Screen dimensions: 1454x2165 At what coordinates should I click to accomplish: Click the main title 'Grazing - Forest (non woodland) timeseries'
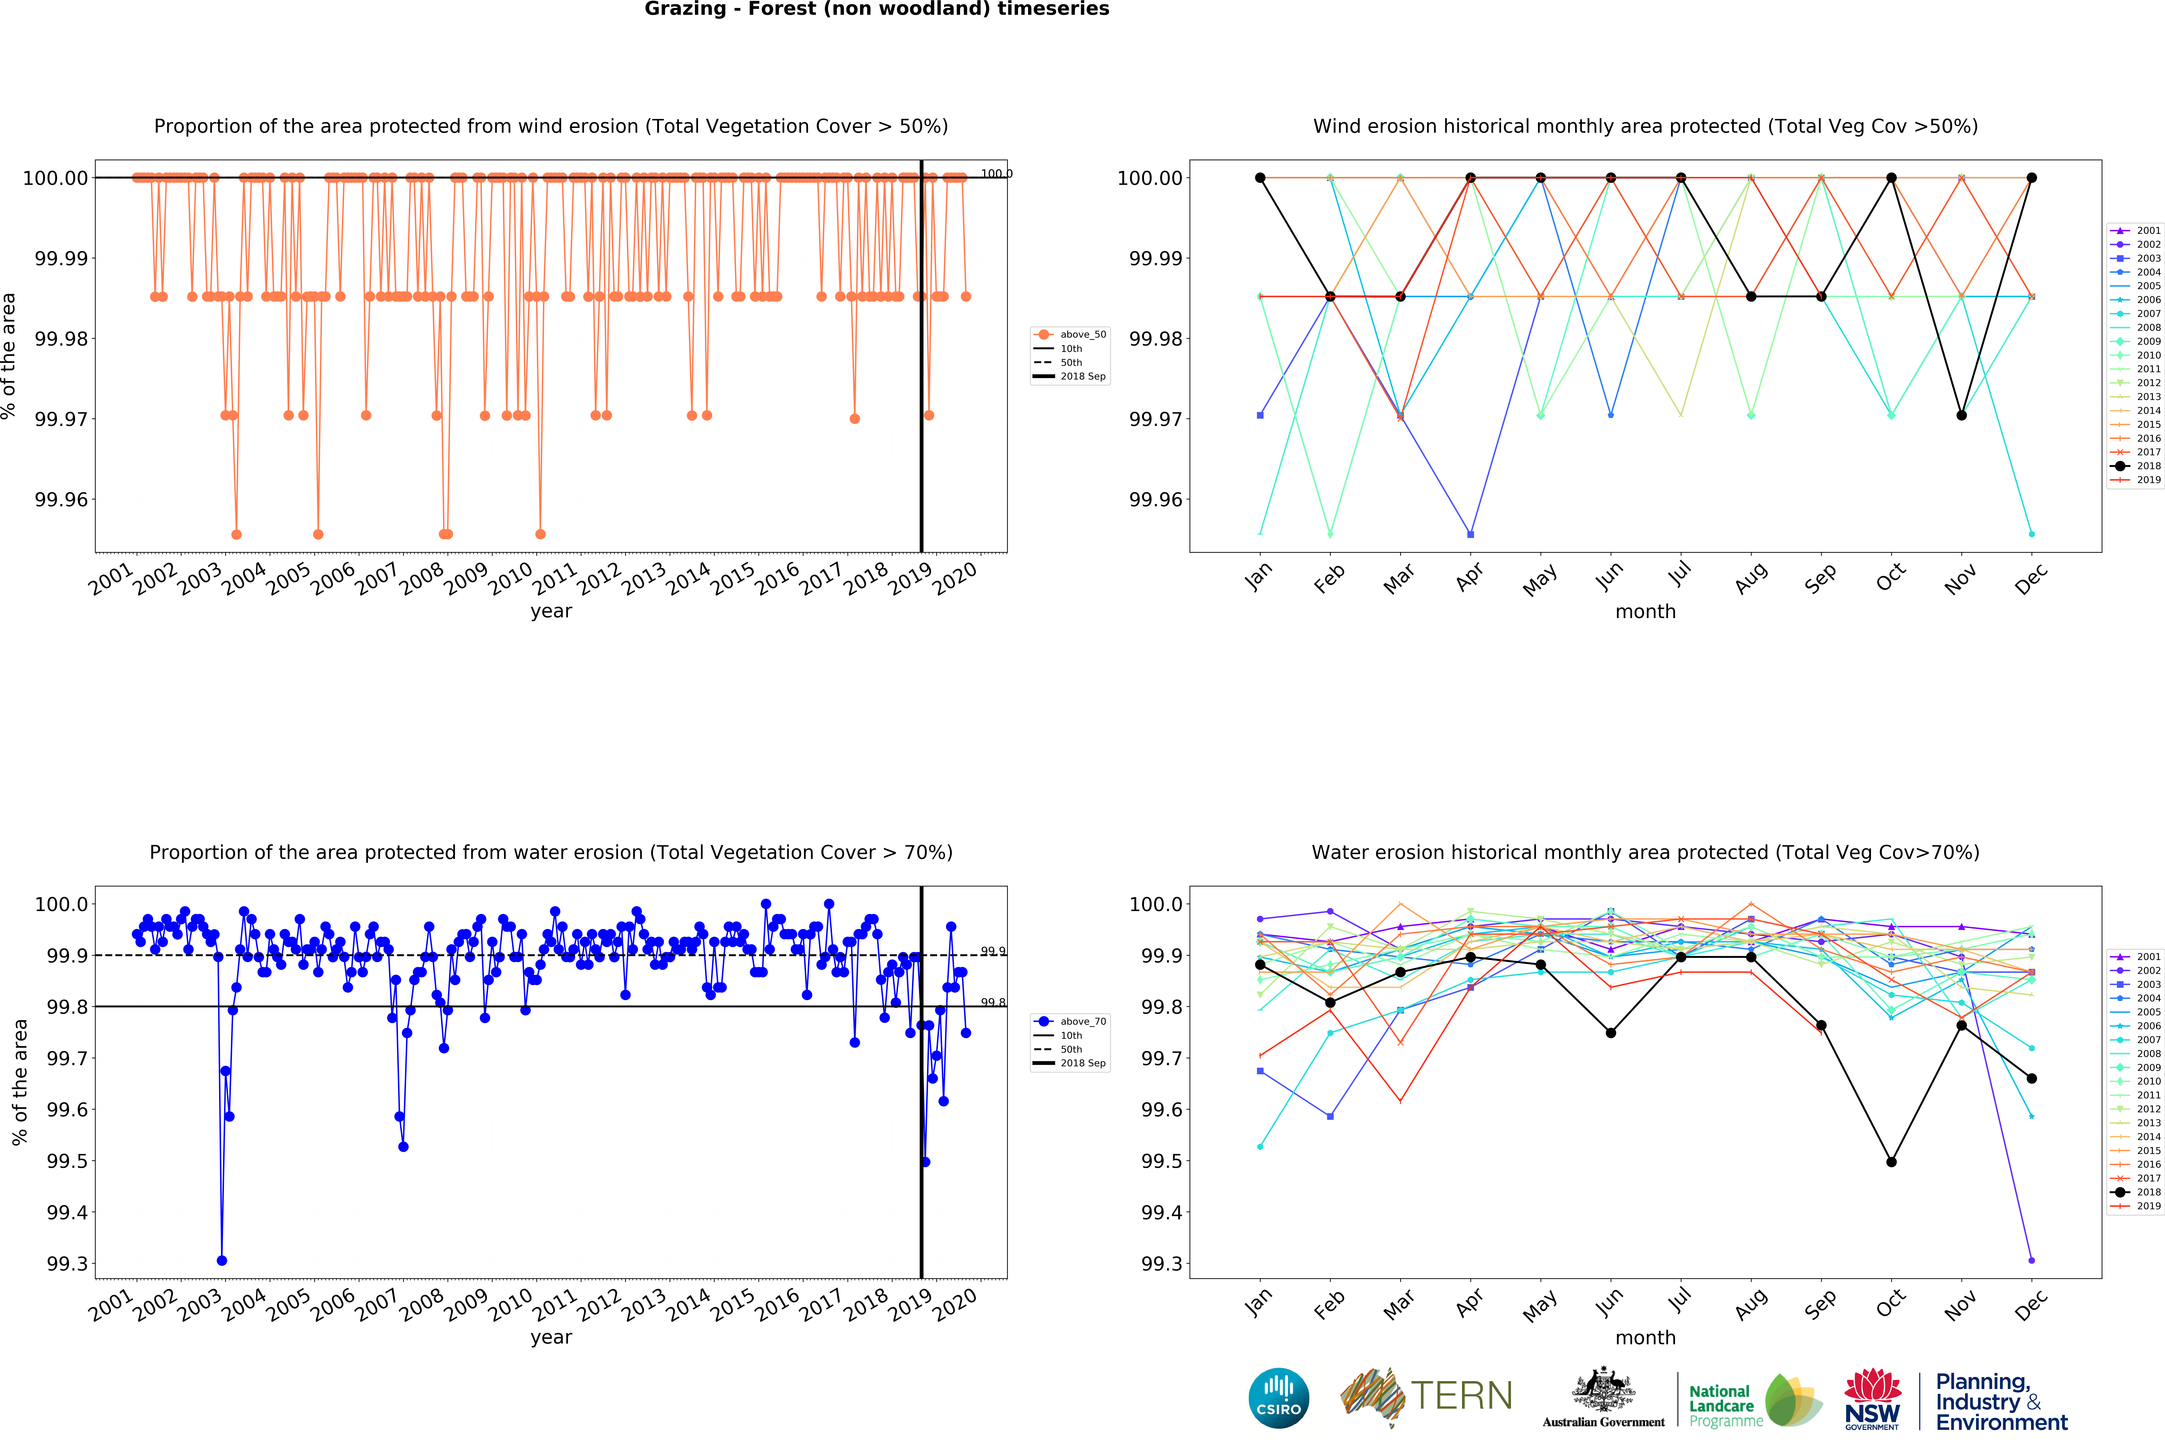point(877,9)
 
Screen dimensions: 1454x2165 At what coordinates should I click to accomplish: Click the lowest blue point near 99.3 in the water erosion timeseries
point(222,1260)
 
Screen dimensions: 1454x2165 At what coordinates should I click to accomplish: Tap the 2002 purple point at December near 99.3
point(2032,1260)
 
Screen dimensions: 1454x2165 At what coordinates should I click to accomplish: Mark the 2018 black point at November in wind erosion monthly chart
point(1961,415)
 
